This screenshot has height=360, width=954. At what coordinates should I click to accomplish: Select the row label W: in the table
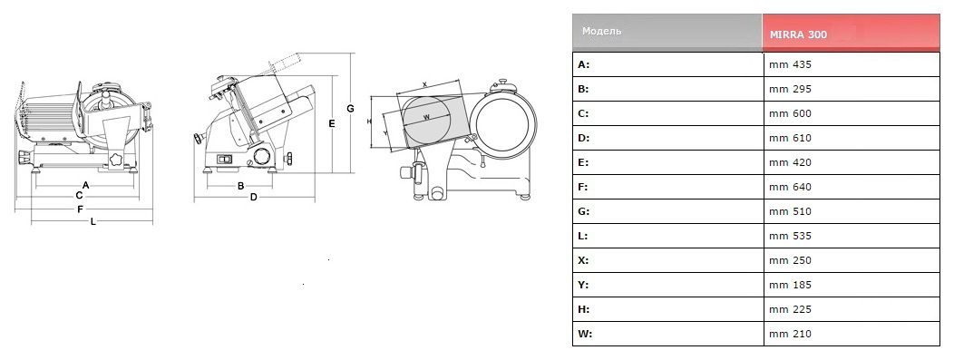coord(584,334)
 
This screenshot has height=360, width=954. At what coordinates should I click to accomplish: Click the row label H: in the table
coord(583,309)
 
